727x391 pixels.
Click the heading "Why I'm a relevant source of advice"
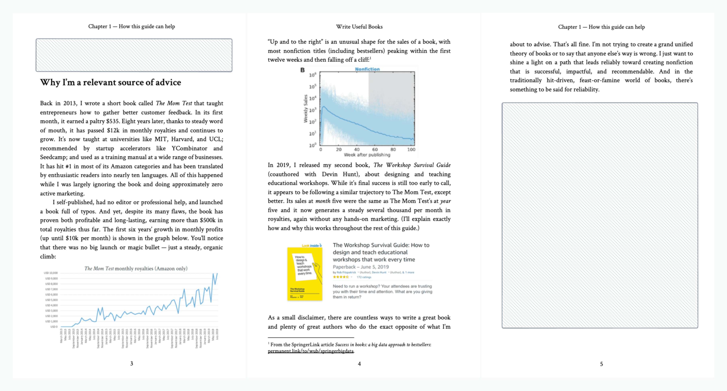(x=110, y=82)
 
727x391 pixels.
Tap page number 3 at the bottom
(x=132, y=363)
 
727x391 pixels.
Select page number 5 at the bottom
(x=601, y=364)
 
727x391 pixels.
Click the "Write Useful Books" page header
(x=359, y=27)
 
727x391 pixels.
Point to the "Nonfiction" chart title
(x=367, y=69)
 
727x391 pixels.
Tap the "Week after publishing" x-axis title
(x=367, y=155)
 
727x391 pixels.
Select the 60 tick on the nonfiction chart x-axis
(x=375, y=149)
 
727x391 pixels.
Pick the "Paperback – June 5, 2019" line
(x=360, y=267)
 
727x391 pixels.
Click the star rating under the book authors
(x=341, y=277)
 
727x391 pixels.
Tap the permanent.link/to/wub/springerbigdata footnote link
(x=310, y=351)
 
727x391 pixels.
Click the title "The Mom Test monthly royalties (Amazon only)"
(x=136, y=268)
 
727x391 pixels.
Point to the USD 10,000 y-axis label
(x=51, y=273)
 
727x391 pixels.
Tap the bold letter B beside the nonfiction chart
(x=302, y=70)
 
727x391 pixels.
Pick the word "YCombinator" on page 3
(x=189, y=148)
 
